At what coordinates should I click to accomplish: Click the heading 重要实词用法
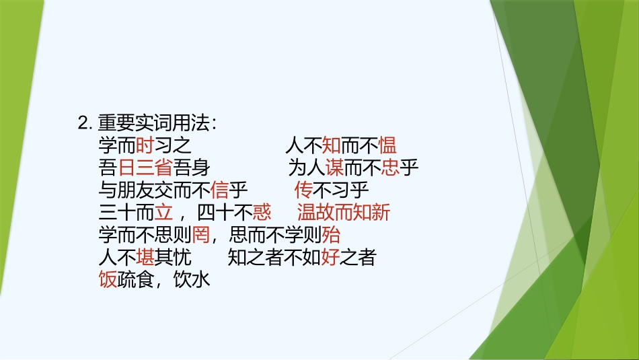157,123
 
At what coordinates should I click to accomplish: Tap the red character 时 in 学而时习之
145,145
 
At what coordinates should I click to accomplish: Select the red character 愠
387,145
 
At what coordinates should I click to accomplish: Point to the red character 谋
335,168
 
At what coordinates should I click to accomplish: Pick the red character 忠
391,168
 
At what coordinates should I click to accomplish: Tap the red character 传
304,190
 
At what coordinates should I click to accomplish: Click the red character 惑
262,213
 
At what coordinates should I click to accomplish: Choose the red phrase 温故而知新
344,213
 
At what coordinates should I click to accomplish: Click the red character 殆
331,236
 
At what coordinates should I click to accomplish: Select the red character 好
330,258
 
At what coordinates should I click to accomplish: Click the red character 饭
108,280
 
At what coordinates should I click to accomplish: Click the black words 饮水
192,280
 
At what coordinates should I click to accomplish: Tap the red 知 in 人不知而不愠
331,145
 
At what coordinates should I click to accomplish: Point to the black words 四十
215,213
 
